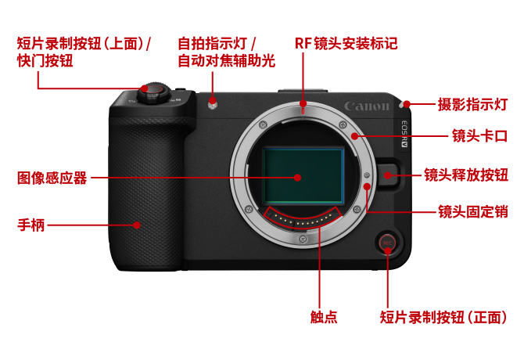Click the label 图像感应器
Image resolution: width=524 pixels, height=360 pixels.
click(x=52, y=178)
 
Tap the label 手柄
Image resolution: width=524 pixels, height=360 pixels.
click(x=31, y=225)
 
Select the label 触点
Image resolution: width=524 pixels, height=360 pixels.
click(x=324, y=316)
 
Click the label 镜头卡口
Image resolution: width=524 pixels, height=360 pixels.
click(x=479, y=136)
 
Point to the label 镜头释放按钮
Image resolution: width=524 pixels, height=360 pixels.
click(x=466, y=175)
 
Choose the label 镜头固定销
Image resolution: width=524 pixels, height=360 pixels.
click(x=473, y=211)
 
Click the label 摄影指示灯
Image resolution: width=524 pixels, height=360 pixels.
click(x=472, y=104)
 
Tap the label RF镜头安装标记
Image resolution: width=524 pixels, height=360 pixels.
click(x=346, y=44)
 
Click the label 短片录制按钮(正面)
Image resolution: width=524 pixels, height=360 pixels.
click(x=443, y=317)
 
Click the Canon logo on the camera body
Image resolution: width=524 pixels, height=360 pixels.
click(x=367, y=106)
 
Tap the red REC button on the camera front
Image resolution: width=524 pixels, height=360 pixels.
click(x=387, y=243)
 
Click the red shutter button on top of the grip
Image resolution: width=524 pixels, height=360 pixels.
click(x=153, y=89)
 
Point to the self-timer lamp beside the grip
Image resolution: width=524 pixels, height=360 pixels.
click(x=213, y=105)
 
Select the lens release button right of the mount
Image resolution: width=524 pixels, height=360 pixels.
click(x=389, y=175)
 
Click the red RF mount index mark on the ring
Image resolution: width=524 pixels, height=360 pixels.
click(x=303, y=110)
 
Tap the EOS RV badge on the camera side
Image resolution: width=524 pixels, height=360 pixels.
click(x=404, y=134)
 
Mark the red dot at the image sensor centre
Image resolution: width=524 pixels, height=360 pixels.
click(x=297, y=178)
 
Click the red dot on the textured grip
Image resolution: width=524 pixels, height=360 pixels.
click(x=137, y=225)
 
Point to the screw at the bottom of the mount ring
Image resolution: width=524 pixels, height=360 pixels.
click(x=303, y=239)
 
